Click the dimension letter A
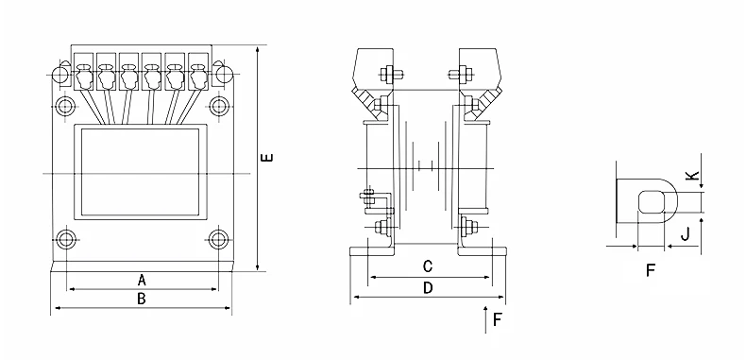142,280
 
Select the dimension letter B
142,299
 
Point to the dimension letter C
428,266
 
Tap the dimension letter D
428,287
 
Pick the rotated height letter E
268,157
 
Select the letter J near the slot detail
686,233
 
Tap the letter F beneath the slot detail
651,270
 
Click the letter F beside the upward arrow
498,319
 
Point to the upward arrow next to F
485,319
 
